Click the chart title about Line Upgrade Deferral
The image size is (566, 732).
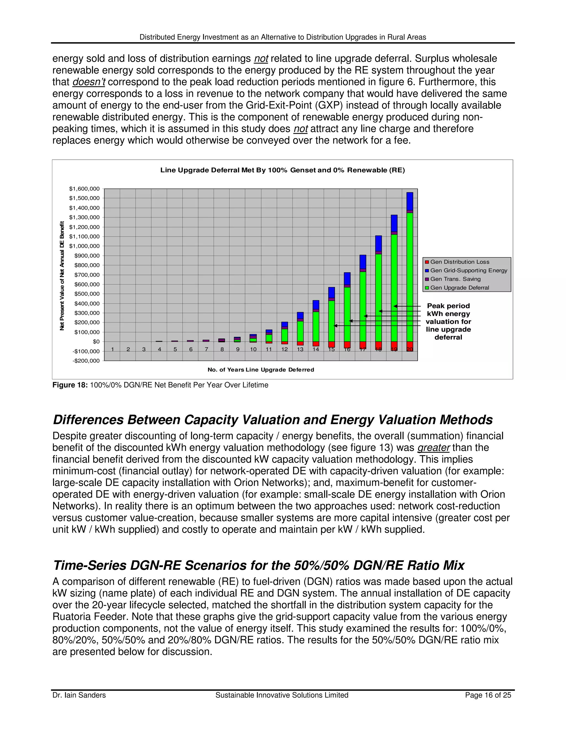click(282, 170)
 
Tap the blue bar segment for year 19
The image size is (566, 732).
click(394, 223)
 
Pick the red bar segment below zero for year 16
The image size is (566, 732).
click(347, 344)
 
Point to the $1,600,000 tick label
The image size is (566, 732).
click(84, 189)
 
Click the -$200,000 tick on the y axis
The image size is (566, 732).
click(86, 361)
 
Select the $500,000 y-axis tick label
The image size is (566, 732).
click(87, 294)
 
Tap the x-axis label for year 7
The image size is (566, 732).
click(206, 349)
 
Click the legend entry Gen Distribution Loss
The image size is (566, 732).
click(459, 262)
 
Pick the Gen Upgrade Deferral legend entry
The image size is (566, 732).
click(459, 288)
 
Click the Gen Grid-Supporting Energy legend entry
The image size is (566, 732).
click(468, 270)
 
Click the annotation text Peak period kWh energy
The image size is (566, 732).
click(448, 310)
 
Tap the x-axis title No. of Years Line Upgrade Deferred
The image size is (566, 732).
click(261, 370)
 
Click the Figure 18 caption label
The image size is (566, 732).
click(70, 385)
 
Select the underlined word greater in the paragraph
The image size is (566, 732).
click(433, 447)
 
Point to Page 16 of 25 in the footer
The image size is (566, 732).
click(488, 695)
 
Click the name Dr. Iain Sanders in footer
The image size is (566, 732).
click(79, 695)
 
